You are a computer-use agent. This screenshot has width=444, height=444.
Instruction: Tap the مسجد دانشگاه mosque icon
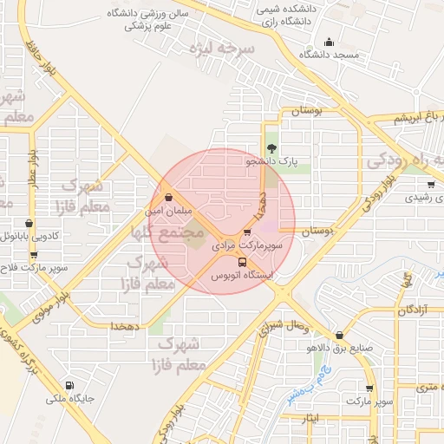329,42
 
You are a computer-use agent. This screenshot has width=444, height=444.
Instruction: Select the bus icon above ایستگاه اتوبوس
241,262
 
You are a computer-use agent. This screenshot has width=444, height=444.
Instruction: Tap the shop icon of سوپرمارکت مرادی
248,232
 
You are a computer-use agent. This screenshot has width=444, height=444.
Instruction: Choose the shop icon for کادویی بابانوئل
29,223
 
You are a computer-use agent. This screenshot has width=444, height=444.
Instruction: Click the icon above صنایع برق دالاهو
338,335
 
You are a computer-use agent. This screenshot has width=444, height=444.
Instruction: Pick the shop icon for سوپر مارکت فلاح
34,255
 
